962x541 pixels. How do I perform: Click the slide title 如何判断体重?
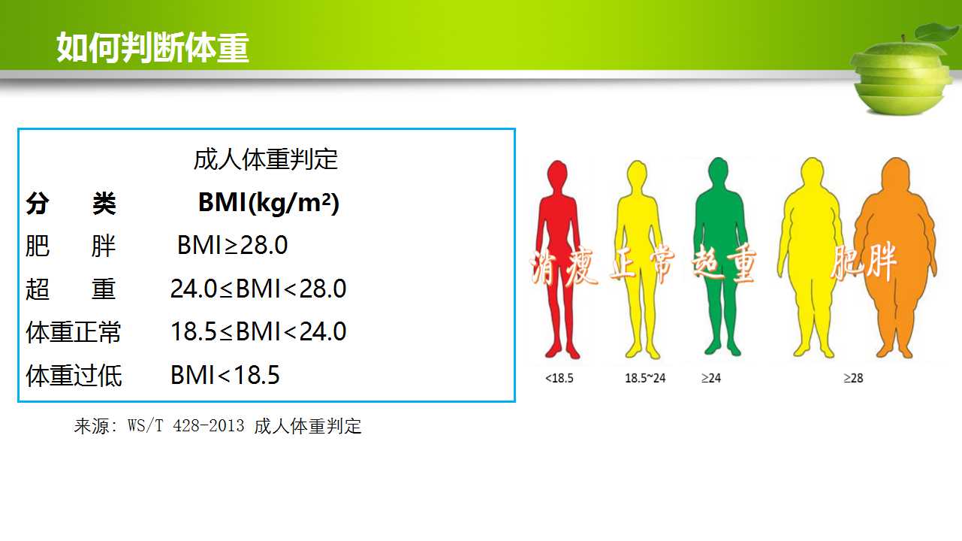point(153,47)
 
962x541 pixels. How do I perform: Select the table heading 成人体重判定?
point(265,159)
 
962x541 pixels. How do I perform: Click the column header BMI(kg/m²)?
point(269,202)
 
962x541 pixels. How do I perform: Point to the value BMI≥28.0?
point(232,246)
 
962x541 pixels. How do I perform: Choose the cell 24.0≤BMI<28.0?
point(258,289)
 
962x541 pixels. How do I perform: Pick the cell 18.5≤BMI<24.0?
point(258,331)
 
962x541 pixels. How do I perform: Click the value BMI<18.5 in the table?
point(225,375)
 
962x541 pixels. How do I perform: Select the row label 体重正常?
point(74,332)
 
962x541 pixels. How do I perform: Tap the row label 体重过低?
point(74,376)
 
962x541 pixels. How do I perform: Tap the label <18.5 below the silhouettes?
point(559,378)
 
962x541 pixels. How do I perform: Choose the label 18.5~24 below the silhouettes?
point(645,378)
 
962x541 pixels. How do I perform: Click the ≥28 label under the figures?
point(853,378)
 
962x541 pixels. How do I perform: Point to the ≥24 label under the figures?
point(711,378)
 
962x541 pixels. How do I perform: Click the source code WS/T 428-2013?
point(186,426)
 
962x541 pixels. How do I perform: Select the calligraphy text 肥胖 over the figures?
point(863,261)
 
